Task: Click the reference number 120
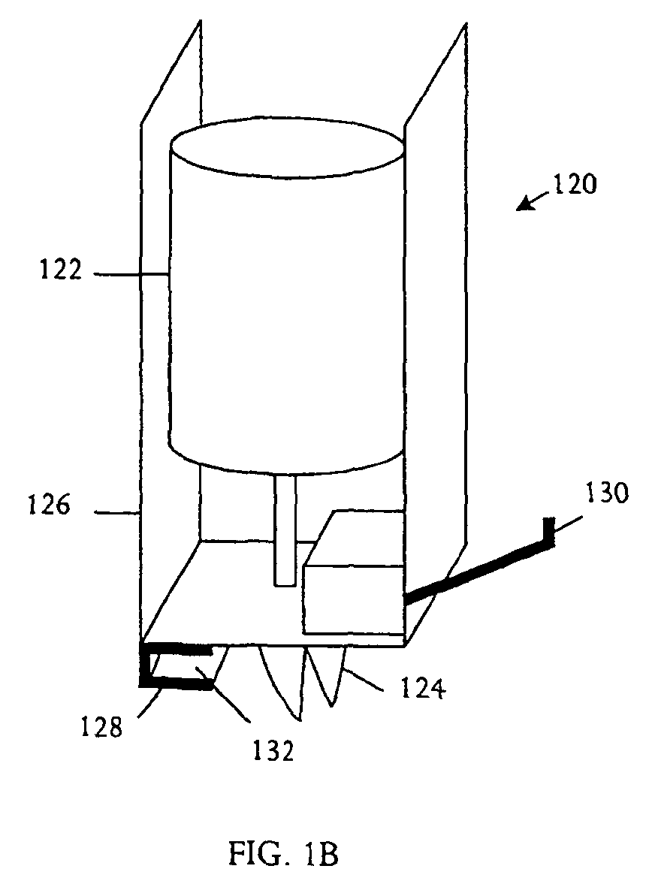coord(575,185)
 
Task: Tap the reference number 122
coord(62,270)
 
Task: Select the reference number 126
coord(50,505)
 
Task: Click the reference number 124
coord(422,689)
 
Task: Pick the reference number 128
coord(101,728)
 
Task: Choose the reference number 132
coord(273,752)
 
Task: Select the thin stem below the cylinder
coord(285,529)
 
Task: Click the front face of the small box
coord(353,599)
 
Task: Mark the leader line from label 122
coord(131,275)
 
